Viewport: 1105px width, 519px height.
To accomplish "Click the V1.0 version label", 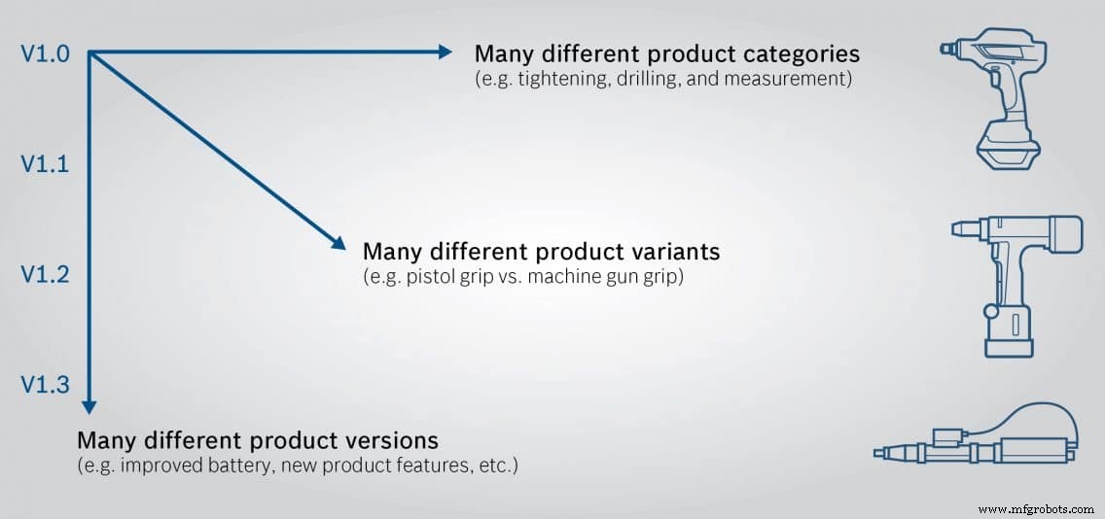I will point(45,53).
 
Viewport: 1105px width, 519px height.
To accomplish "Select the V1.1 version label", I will point(45,164).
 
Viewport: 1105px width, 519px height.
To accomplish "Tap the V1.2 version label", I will point(45,275).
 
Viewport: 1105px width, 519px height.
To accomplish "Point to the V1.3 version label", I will point(45,385).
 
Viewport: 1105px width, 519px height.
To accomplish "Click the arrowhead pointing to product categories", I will point(445,52).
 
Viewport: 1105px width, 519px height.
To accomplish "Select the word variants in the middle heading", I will point(672,252).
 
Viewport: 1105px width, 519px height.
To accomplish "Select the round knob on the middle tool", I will point(990,312).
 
